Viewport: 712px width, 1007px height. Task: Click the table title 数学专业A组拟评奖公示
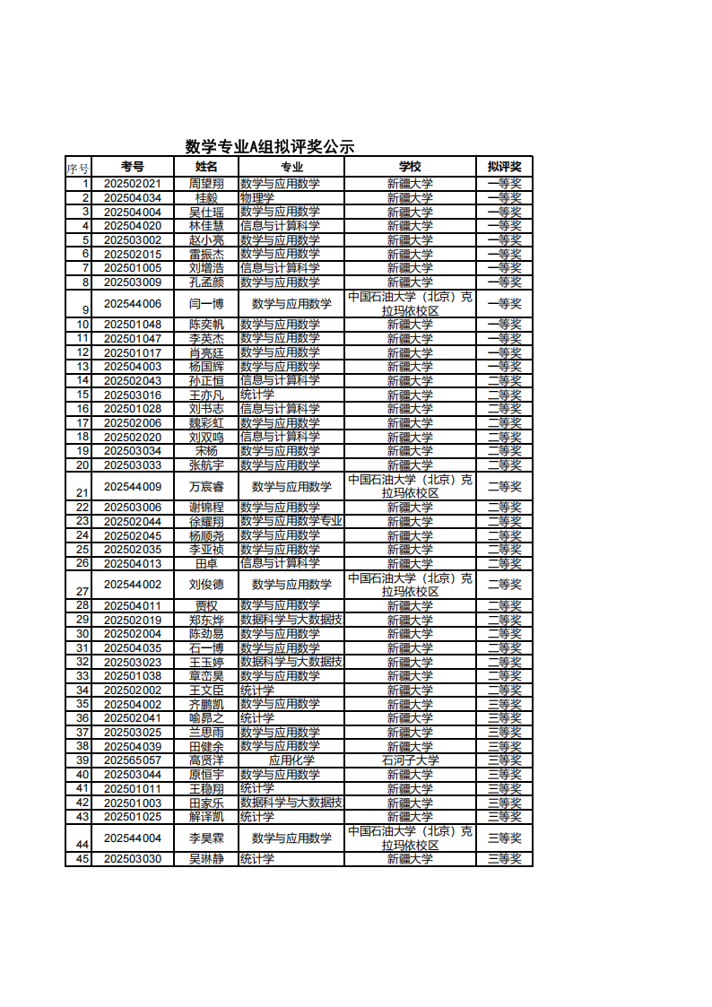pos(269,146)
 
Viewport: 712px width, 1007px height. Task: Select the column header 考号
pos(133,167)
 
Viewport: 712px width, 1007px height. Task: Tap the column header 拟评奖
pos(504,167)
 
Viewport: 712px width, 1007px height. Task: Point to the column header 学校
pos(410,167)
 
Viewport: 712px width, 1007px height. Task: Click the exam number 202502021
pos(133,184)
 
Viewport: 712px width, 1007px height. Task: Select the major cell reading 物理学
pos(257,198)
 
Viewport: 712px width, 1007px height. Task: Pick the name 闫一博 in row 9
pos(206,304)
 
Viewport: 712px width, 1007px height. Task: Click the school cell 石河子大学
pos(410,760)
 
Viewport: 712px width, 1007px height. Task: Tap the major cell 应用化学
pos(291,760)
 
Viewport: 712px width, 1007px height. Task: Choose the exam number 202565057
pos(133,760)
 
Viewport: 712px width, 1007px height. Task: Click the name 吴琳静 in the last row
pos(206,859)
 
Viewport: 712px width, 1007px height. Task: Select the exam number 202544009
pos(133,487)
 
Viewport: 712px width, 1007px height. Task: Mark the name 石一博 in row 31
pos(206,648)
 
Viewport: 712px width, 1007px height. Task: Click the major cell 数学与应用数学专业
pos(291,522)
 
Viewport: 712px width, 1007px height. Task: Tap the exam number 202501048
pos(133,325)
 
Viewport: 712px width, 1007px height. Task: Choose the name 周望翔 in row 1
pos(206,184)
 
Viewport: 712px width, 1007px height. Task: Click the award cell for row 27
pos(504,585)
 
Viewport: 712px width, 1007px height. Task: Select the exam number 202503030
pos(133,859)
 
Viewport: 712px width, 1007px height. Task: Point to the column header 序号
pos(78,168)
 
